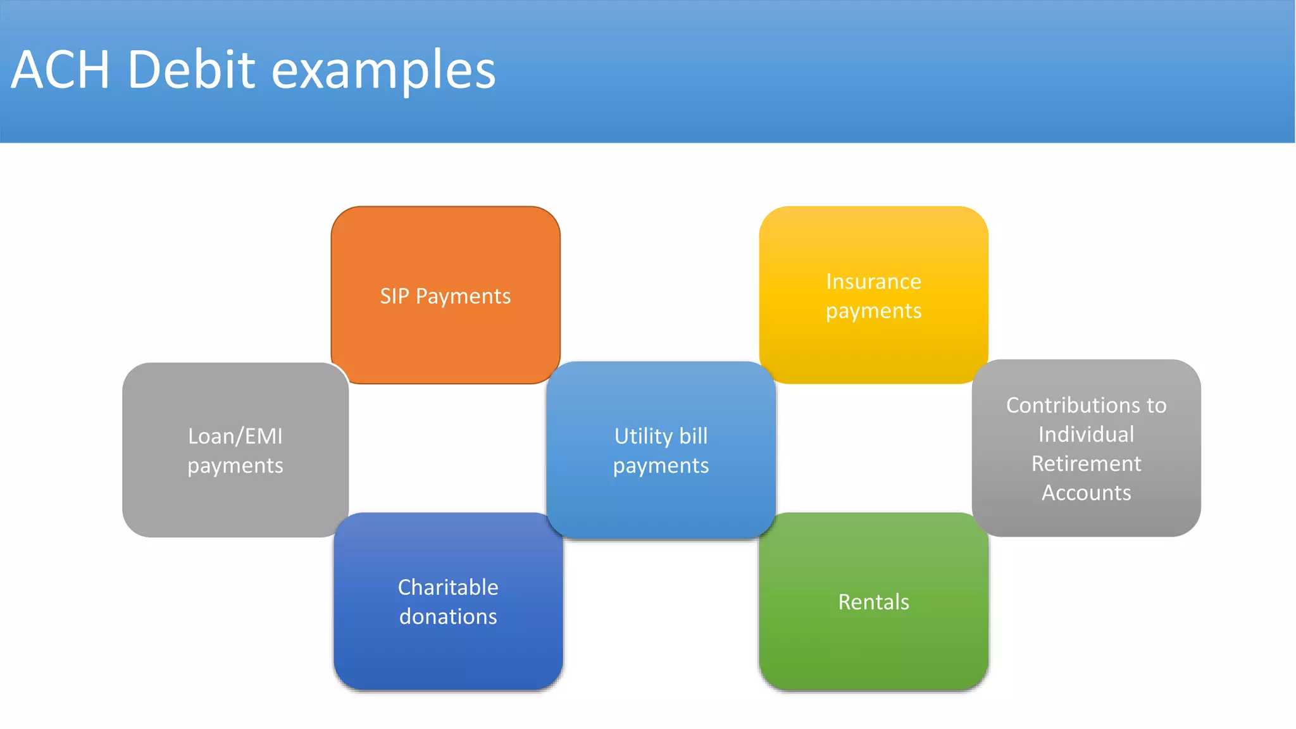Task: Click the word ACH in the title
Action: [61, 70]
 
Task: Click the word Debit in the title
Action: [192, 70]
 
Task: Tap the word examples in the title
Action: [383, 71]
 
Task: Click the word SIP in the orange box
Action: [394, 296]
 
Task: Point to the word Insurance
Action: [873, 282]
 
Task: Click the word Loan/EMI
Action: [235, 437]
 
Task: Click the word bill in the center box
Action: [694, 437]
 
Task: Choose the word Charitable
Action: [448, 587]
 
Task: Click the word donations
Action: [448, 616]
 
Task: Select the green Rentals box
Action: [873, 645]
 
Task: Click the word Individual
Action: [1086, 435]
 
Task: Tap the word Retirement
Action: [1086, 464]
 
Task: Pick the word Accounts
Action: [1086, 493]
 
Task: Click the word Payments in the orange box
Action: [463, 297]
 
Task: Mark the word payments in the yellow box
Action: [873, 311]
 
